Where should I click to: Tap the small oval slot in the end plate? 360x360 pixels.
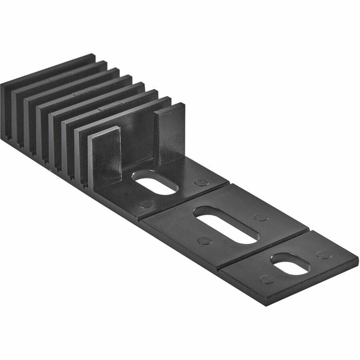[x=290, y=264]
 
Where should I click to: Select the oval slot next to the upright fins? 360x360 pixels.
[x=155, y=182]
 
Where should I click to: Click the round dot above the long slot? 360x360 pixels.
[x=261, y=217]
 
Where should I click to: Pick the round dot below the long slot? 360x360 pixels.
[x=205, y=240]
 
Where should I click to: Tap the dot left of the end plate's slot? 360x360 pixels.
[x=266, y=279]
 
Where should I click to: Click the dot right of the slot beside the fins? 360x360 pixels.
[x=201, y=182]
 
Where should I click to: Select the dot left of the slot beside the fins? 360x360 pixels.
[x=146, y=204]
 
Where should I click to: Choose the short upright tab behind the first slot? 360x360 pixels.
[x=169, y=132]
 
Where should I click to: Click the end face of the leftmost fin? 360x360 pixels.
[x=6, y=108]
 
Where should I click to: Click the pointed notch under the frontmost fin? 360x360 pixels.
[x=85, y=185]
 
